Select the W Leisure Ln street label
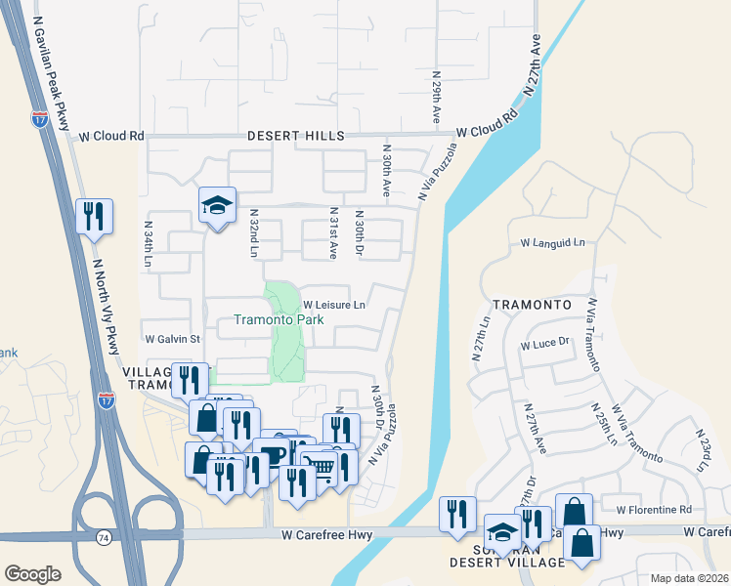click(x=333, y=305)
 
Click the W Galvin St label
click(x=172, y=339)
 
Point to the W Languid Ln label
click(x=552, y=242)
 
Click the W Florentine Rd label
click(x=654, y=510)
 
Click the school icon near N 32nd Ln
click(x=218, y=206)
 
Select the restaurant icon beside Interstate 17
click(x=95, y=217)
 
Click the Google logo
click(x=33, y=573)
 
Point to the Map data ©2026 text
click(x=689, y=578)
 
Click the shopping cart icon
click(x=318, y=467)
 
